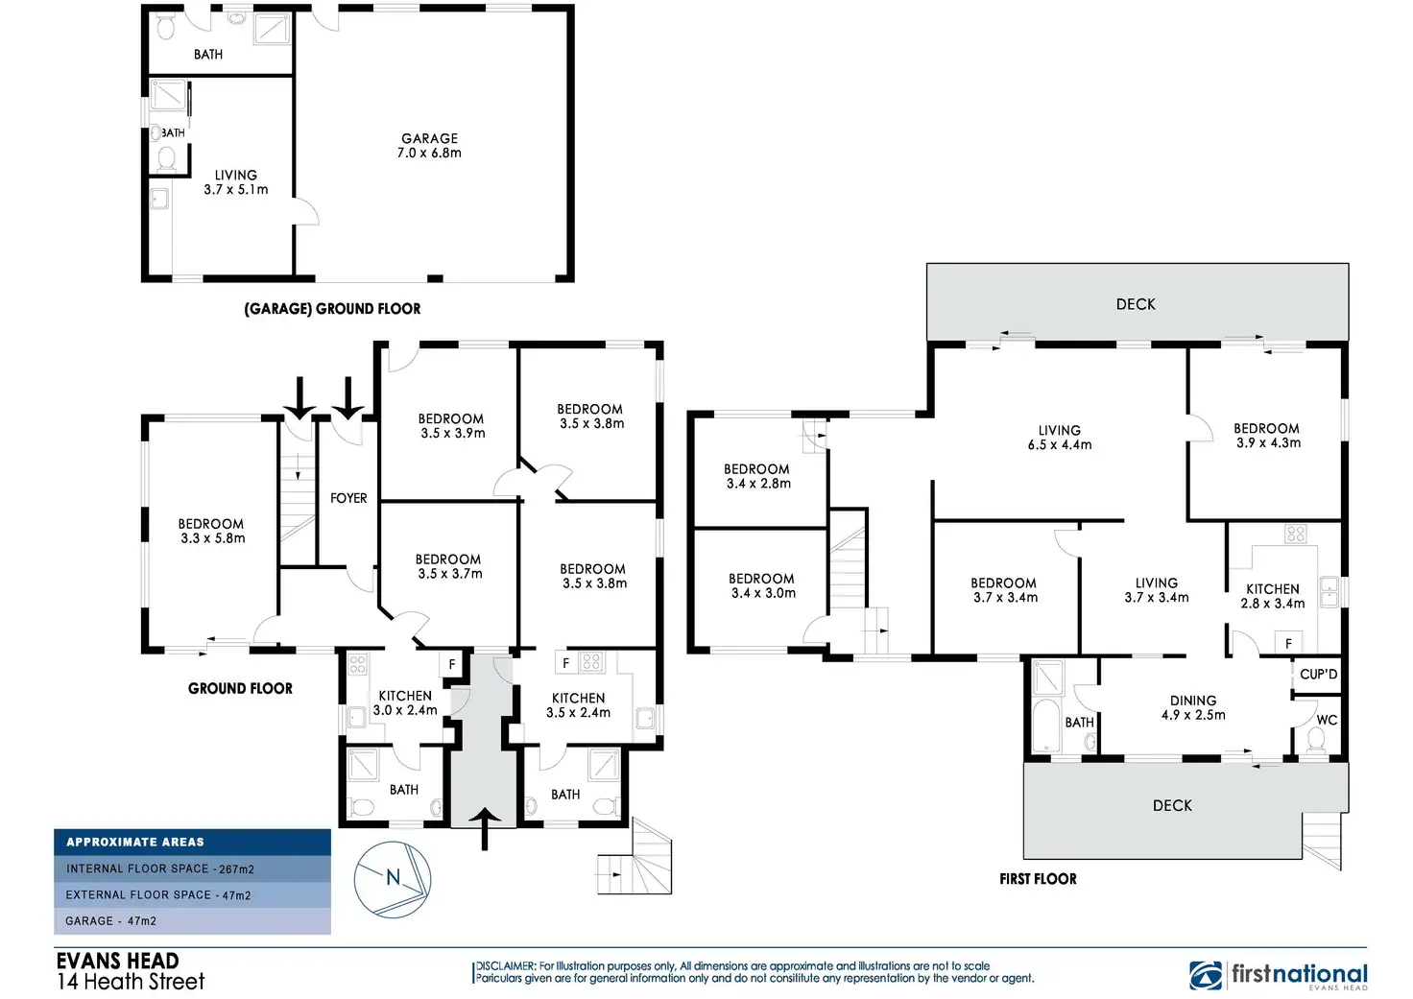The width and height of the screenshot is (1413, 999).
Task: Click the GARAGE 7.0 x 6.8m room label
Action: (429, 146)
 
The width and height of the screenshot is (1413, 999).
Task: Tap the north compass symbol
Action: (392, 878)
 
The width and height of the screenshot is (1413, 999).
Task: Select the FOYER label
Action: (348, 498)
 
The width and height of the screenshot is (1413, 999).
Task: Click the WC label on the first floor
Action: (1327, 720)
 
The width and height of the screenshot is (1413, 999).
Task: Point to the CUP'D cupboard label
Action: (1318, 675)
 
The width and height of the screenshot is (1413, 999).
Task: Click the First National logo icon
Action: (1206, 975)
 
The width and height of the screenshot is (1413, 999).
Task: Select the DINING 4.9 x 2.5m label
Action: (1193, 708)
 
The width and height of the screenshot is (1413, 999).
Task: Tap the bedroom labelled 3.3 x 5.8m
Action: (211, 531)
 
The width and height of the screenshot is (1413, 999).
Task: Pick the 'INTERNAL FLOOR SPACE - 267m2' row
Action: (192, 868)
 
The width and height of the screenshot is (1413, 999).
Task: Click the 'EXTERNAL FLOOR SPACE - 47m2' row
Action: (192, 894)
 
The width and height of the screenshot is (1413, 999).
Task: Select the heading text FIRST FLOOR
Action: (1038, 878)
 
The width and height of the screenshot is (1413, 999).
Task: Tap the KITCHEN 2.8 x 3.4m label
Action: (1272, 596)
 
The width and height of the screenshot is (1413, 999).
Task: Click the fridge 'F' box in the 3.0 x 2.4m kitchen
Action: (452, 664)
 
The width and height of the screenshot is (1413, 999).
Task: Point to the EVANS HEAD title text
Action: (117, 961)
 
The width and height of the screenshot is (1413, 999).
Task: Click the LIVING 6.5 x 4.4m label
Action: (1059, 438)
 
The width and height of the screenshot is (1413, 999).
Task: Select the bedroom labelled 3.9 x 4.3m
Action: (1266, 436)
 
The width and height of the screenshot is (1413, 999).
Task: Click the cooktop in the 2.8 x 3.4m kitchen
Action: (1295, 535)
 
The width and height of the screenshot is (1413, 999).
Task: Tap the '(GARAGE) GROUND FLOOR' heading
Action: (332, 308)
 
